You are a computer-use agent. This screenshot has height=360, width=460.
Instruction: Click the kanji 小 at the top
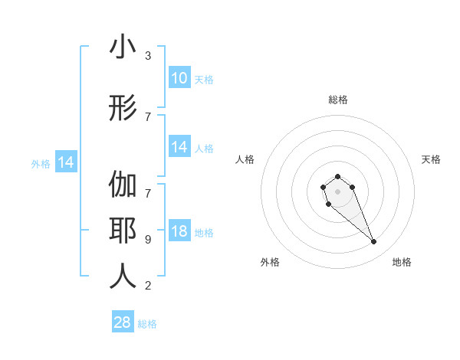pyautogui.click(x=123, y=47)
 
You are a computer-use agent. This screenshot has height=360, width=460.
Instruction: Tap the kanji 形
pyautogui.click(x=123, y=108)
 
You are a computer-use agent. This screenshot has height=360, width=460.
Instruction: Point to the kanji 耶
pyautogui.click(x=123, y=233)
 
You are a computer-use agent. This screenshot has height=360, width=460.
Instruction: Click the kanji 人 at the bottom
pyautogui.click(x=123, y=277)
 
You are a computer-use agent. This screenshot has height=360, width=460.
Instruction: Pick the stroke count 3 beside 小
pyautogui.click(x=148, y=56)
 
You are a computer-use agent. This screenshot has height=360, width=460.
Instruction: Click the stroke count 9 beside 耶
pyautogui.click(x=148, y=240)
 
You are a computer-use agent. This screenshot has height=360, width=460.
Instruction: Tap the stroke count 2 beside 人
pyautogui.click(x=148, y=286)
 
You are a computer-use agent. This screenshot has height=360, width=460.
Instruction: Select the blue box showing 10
pyautogui.click(x=179, y=78)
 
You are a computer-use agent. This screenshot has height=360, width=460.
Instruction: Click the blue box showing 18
pyautogui.click(x=179, y=232)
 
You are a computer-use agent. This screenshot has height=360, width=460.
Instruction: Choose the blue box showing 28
pyautogui.click(x=123, y=322)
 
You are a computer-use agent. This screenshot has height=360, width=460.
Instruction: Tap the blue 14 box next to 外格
pyautogui.click(x=65, y=162)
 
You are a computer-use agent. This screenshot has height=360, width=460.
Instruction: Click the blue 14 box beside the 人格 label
pyautogui.click(x=179, y=148)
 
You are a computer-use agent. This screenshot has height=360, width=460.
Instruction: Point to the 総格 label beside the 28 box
pyautogui.click(x=147, y=324)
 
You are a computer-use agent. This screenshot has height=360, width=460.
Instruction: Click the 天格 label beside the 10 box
pyautogui.click(x=204, y=79)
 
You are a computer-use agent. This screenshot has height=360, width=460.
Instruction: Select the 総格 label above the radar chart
pyautogui.click(x=337, y=100)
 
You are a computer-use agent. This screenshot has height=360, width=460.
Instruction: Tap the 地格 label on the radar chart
pyautogui.click(x=402, y=262)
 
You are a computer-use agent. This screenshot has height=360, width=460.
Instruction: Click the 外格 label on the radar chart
pyautogui.click(x=270, y=262)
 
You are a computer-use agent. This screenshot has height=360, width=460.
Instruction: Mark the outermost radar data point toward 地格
pyautogui.click(x=373, y=242)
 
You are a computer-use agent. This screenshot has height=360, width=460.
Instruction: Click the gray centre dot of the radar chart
pyautogui.click(x=337, y=190)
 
